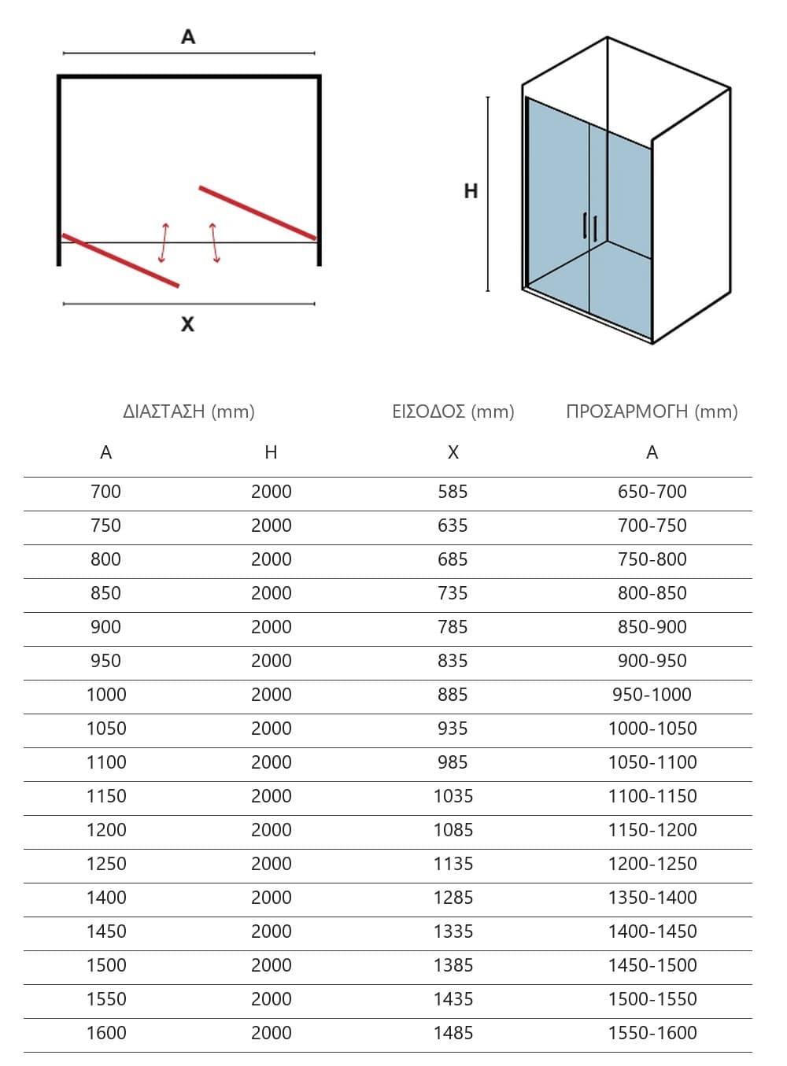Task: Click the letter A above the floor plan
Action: (188, 36)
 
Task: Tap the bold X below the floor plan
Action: (187, 324)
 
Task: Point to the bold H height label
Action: (471, 191)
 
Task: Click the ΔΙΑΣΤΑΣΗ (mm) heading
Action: (188, 411)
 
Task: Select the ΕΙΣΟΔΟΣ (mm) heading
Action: (453, 411)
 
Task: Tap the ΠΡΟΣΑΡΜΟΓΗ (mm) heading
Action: (652, 411)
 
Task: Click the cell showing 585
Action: (453, 492)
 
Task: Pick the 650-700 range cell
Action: (652, 492)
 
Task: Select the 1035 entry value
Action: (453, 796)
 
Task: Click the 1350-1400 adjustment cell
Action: (652, 898)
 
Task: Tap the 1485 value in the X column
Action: (453, 1033)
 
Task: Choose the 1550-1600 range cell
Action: (652, 1033)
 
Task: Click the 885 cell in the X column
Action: (453, 695)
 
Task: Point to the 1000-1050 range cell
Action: (652, 728)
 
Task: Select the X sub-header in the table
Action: (453, 452)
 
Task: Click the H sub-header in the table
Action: (272, 452)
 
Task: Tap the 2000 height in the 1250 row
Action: (272, 864)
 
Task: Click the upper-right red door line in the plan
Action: (257, 212)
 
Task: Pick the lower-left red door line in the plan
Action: (120, 260)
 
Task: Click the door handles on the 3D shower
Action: (590, 226)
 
